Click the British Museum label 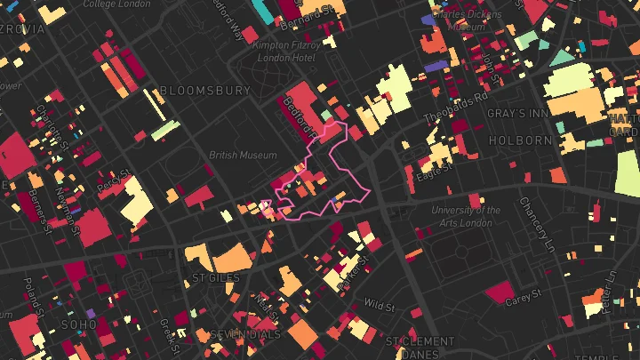tap(243, 155)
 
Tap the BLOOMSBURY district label tap(205, 91)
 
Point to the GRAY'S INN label tap(521, 115)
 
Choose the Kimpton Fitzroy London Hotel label tap(284, 51)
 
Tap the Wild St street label tap(379, 306)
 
